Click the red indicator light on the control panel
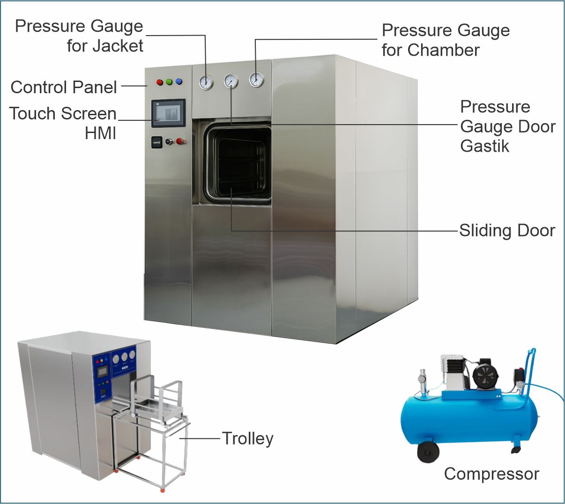pyautogui.click(x=159, y=82)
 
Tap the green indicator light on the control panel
pyautogui.click(x=169, y=82)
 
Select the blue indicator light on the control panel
pyautogui.click(x=178, y=82)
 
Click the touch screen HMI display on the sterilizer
pyautogui.click(x=168, y=113)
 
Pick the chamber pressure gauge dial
pyautogui.click(x=256, y=80)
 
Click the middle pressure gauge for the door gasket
pyautogui.click(x=231, y=81)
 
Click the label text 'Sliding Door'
pyautogui.click(x=507, y=230)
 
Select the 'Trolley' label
pyautogui.click(x=247, y=438)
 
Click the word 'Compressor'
pyautogui.click(x=491, y=474)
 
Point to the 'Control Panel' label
pyautogui.click(x=64, y=87)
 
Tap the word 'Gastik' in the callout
pyautogui.click(x=484, y=146)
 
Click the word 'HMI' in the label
pyautogui.click(x=100, y=133)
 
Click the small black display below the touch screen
pyautogui.click(x=156, y=142)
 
